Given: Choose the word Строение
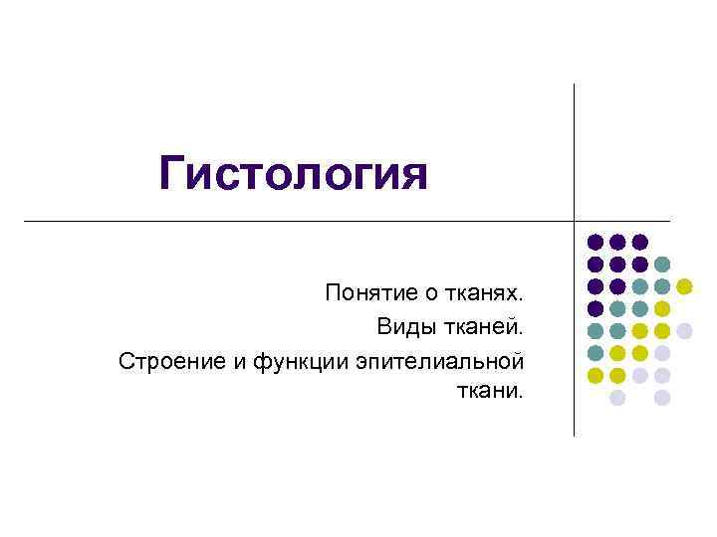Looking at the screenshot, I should pos(172,359).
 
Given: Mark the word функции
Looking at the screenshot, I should pos(297,359).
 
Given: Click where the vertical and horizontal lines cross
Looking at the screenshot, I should pos(575,220).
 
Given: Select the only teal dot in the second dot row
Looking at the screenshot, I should pos(662,265).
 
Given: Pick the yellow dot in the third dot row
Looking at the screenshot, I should pos(684,286).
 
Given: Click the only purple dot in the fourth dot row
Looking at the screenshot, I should pos(595,308).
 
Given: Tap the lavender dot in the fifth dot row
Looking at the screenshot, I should pos(684,330).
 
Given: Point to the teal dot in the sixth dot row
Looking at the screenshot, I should pos(595,352).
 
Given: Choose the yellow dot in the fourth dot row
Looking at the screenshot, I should pos(662,308).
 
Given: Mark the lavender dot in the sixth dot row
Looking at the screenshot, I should pos(662,352).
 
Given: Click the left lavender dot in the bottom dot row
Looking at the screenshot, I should pos(617,397).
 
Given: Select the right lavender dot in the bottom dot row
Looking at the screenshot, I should pos(662,397).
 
